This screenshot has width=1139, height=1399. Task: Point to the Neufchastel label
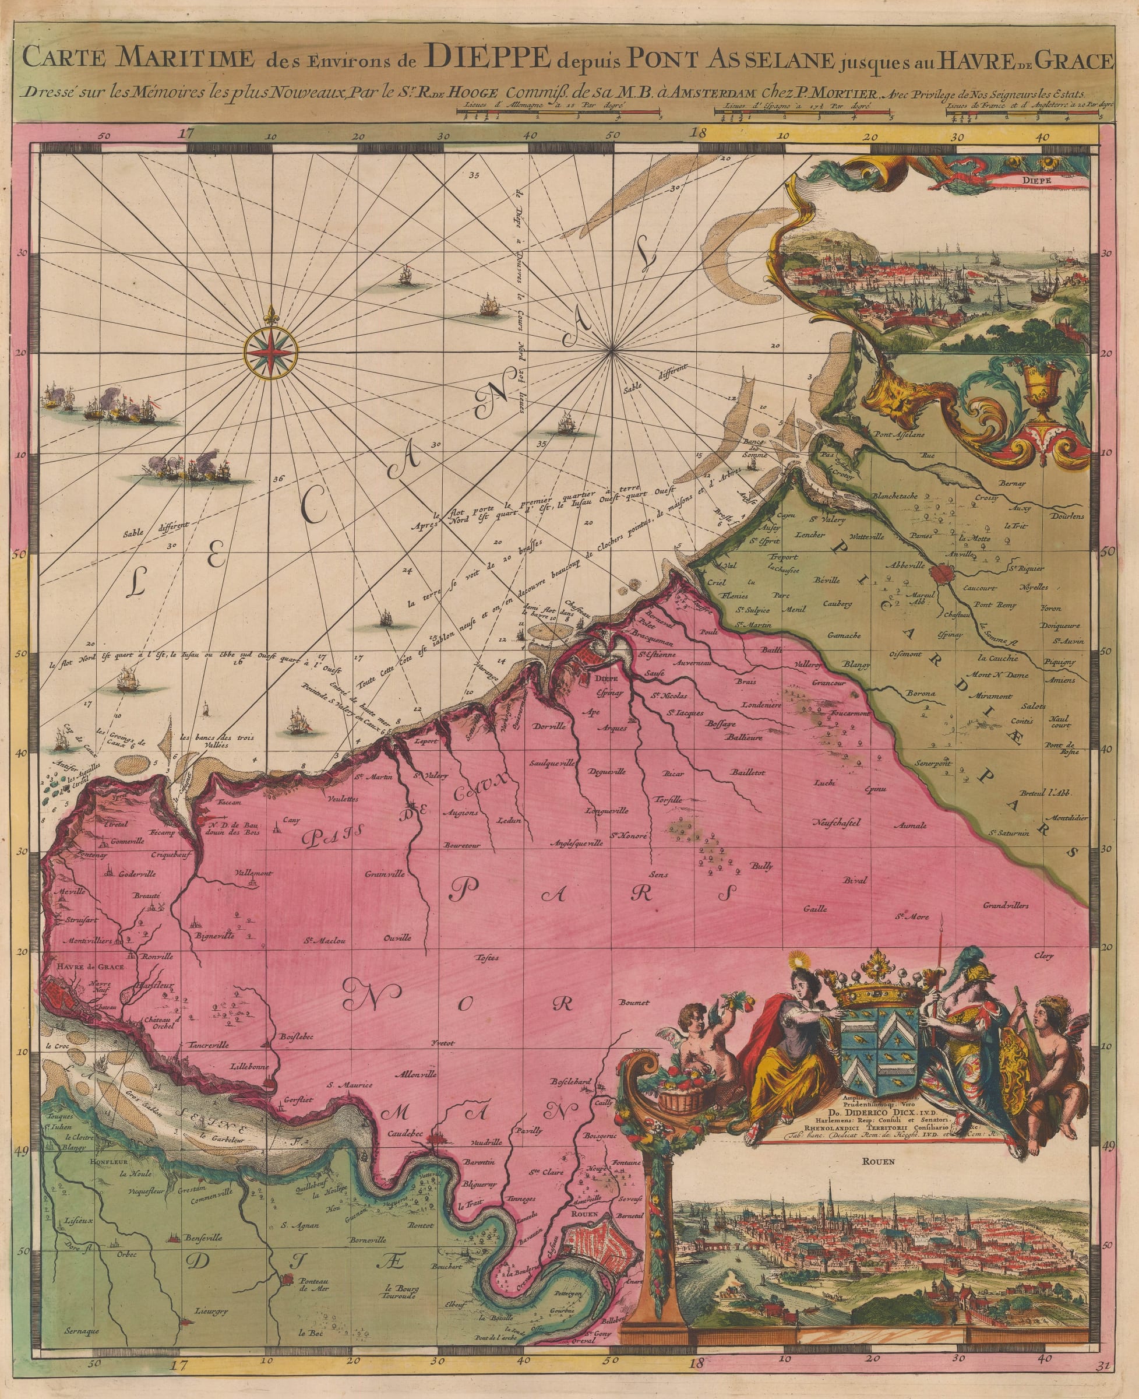[x=836, y=823]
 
